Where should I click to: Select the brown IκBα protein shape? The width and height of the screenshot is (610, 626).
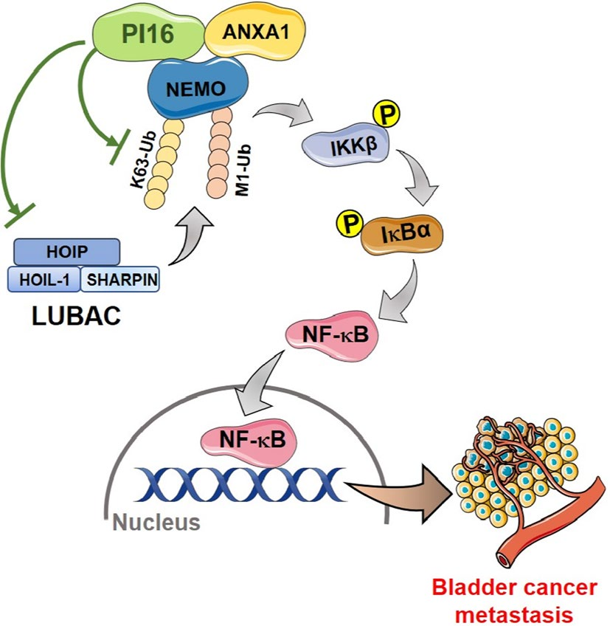(395, 241)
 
